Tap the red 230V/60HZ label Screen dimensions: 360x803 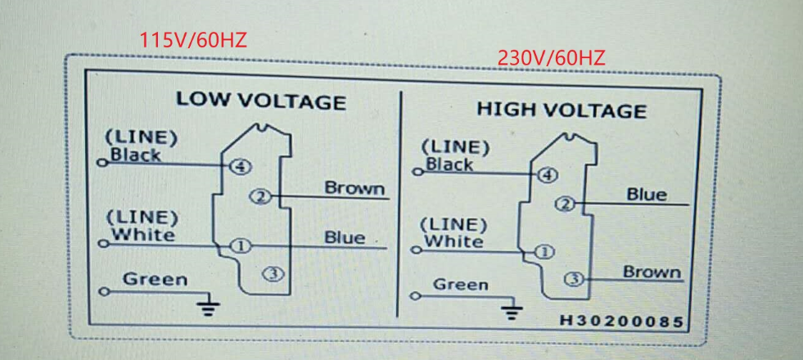(551, 58)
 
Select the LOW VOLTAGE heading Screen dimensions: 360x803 (261, 101)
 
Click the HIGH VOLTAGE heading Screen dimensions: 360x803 (562, 110)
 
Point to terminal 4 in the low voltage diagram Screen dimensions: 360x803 (240, 166)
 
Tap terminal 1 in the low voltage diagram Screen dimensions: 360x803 (240, 245)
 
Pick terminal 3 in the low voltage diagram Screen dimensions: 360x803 (273, 274)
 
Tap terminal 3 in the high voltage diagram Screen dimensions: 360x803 (575, 280)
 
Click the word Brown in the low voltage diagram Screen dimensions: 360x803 (354, 188)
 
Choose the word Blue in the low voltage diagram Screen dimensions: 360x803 (345, 237)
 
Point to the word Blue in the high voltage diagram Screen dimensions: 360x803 (647, 195)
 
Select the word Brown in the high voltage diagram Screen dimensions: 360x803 (652, 272)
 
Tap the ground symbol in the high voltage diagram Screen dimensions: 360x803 (513, 311)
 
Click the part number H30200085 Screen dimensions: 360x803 (621, 321)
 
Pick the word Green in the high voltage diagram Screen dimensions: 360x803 (460, 285)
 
